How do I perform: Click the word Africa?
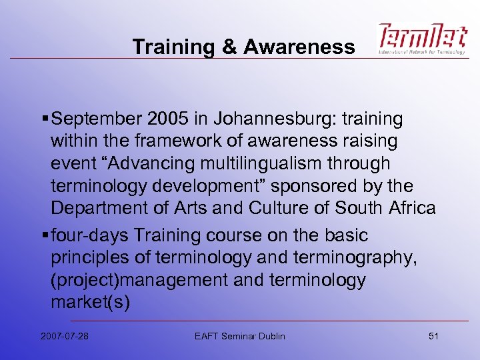click(x=409, y=208)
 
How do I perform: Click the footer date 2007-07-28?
click(x=64, y=336)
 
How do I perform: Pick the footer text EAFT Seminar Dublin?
click(x=240, y=336)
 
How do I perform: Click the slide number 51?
click(x=433, y=336)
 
